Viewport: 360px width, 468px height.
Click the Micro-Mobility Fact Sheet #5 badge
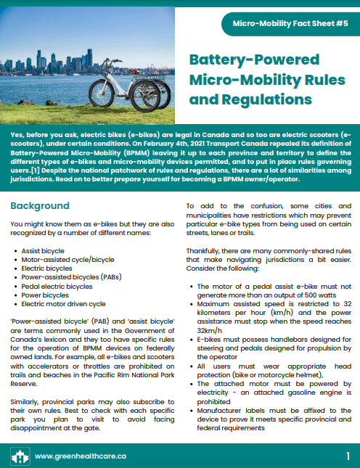pyautogui.click(x=291, y=23)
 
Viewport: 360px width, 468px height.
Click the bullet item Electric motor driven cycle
pyautogui.click(x=63, y=304)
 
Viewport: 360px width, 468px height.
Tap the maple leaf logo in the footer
pyautogui.click(x=20, y=456)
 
